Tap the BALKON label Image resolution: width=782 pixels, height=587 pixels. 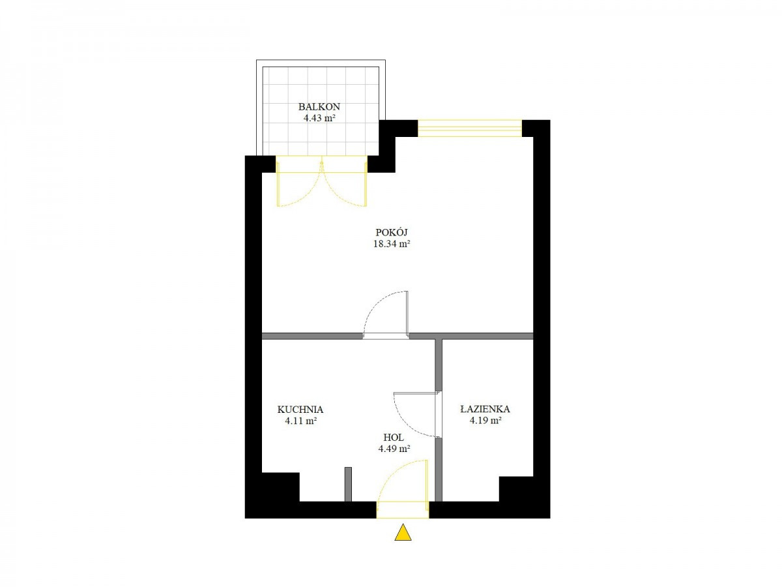pyautogui.click(x=319, y=106)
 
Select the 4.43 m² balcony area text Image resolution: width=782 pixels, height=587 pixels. pyautogui.click(x=319, y=118)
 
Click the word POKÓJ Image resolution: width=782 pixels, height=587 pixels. pyautogui.click(x=391, y=232)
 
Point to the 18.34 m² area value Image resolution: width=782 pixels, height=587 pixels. pyautogui.click(x=391, y=244)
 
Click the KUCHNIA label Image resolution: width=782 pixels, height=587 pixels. pyautogui.click(x=300, y=409)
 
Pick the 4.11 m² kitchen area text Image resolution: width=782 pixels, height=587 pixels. pyautogui.click(x=300, y=421)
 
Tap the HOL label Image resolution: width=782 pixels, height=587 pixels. pyautogui.click(x=394, y=437)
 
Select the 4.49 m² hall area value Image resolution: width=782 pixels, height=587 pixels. pyautogui.click(x=394, y=449)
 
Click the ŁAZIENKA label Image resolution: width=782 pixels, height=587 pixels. pyautogui.click(x=485, y=409)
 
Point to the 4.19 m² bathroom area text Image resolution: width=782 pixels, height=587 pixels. pyautogui.click(x=485, y=421)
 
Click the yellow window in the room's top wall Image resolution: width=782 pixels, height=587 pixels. pyautogui.click(x=469, y=128)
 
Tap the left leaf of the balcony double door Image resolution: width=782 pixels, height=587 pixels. pyautogui.click(x=299, y=185)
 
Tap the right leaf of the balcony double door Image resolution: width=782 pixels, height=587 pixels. pyautogui.click(x=344, y=185)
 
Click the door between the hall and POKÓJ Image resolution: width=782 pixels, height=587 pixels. pyautogui.click(x=386, y=315)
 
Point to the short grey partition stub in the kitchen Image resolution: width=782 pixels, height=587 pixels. pyautogui.click(x=348, y=485)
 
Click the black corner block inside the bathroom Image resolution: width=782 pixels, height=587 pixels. pyautogui.click(x=515, y=489)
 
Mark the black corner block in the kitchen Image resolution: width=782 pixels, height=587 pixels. pyautogui.click(x=280, y=487)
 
